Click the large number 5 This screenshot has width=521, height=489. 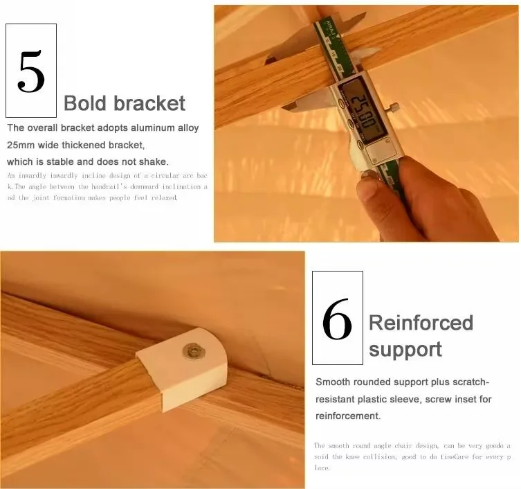click(x=31, y=71)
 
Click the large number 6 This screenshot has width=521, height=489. click(x=337, y=319)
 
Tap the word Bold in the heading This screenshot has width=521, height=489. click(x=85, y=103)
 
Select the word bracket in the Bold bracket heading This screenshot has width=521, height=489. click(x=149, y=103)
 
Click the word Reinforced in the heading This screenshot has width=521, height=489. click(x=421, y=323)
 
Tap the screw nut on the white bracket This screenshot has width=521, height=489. click(x=194, y=352)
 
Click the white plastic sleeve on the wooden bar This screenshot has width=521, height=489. click(x=182, y=368)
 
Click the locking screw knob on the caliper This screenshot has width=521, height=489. click(x=394, y=107)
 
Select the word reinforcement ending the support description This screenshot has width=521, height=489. click(x=347, y=416)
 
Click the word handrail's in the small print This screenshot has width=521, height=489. click(x=109, y=186)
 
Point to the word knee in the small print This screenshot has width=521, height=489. click(x=353, y=456)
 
